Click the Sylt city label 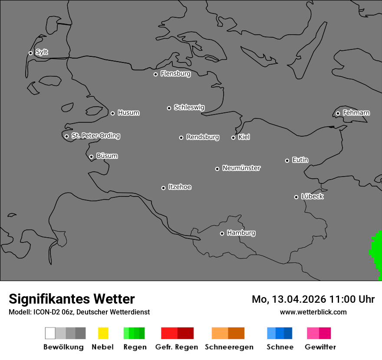coord(42,52)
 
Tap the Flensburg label coord(175,74)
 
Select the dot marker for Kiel coord(233,137)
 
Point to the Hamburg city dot coord(222,233)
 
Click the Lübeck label coord(312,196)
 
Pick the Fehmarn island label coord(356,113)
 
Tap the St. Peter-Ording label coord(95,136)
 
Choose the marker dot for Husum coord(112,113)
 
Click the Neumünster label coord(241,168)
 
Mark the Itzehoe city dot coord(163,188)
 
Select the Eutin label coord(300,160)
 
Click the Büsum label coord(107,156)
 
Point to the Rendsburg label coord(203,137)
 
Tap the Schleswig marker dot coord(169,108)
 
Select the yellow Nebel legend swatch coord(103,333)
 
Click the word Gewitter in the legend coord(320,347)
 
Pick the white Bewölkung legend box coord(50,333)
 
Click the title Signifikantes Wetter coord(72,299)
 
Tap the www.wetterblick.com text coord(313,312)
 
